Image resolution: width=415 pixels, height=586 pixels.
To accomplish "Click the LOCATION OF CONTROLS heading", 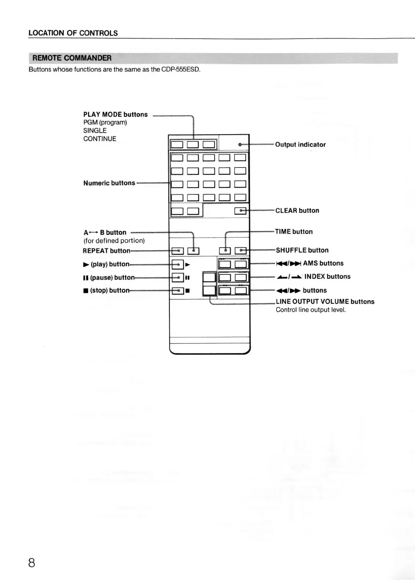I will tap(73, 33).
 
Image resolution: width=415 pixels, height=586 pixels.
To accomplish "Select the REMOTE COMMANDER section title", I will tap(72, 58).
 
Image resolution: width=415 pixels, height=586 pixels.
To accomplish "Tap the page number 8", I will tap(32, 562).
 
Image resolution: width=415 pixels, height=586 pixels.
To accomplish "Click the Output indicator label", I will tap(300, 145).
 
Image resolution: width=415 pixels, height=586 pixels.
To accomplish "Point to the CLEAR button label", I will tap(297, 211).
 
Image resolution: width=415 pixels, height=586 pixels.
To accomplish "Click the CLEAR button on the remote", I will tap(240, 211).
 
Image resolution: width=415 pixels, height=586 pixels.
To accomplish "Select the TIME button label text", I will tap(294, 232).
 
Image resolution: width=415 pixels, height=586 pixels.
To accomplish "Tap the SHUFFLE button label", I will tap(302, 250).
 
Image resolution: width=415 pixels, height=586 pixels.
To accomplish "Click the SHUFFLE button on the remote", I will tap(240, 251).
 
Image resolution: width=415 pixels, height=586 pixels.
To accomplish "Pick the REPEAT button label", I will tap(107, 251).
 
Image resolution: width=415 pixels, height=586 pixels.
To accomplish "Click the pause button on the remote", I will tap(177, 277).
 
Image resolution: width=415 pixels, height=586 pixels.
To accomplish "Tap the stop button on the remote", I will tap(177, 291).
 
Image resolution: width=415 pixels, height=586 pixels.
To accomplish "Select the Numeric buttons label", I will tap(109, 183).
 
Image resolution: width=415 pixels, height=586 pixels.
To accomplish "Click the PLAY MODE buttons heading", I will tap(115, 115).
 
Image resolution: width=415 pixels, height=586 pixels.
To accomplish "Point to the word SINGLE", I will tap(95, 131).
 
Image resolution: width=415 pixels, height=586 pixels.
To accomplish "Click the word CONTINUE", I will tap(100, 139).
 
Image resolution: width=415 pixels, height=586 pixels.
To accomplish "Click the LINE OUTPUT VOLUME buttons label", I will tap(325, 302).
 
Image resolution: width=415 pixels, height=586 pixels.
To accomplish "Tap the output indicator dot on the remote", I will tap(239, 145).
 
